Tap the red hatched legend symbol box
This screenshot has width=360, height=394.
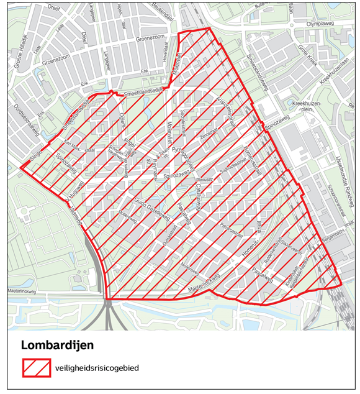point(36,368)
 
